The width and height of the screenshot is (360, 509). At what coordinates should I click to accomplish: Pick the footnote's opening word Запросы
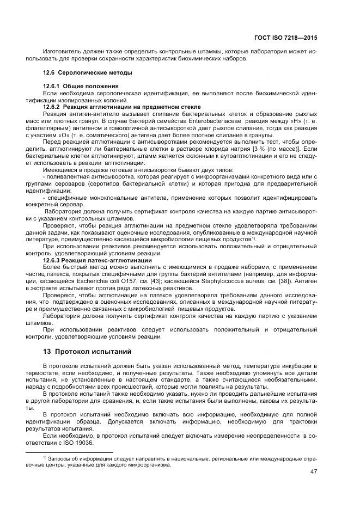(x=61, y=459)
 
